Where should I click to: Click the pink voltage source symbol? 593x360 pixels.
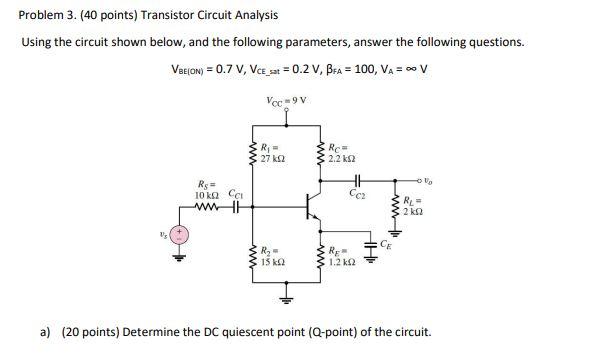point(181,236)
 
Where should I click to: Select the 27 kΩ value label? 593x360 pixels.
point(271,159)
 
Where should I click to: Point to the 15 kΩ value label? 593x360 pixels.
point(270,261)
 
